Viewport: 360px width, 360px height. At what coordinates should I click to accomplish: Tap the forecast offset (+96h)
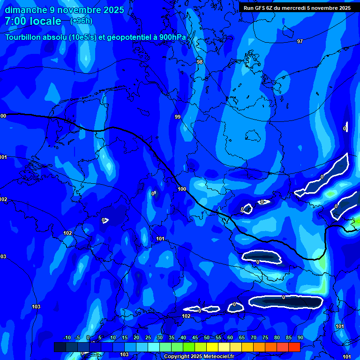[81, 21]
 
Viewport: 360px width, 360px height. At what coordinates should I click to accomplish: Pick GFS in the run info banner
[261, 8]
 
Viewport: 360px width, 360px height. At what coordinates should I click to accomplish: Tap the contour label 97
[300, 42]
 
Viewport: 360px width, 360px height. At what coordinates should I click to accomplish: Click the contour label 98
[200, 62]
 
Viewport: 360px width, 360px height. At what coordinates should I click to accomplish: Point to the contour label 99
[178, 117]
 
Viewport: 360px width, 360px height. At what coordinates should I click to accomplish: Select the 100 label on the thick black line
[182, 189]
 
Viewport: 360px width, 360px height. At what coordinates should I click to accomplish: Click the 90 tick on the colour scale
[300, 338]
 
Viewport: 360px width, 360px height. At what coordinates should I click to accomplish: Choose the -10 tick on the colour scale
[67, 338]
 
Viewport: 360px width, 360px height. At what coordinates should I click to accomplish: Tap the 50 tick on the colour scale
[207, 338]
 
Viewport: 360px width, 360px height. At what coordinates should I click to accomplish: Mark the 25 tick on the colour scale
[148, 338]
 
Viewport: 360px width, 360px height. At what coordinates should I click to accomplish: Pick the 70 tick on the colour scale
[254, 338]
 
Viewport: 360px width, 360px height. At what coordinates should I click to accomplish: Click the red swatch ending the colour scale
[294, 347]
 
